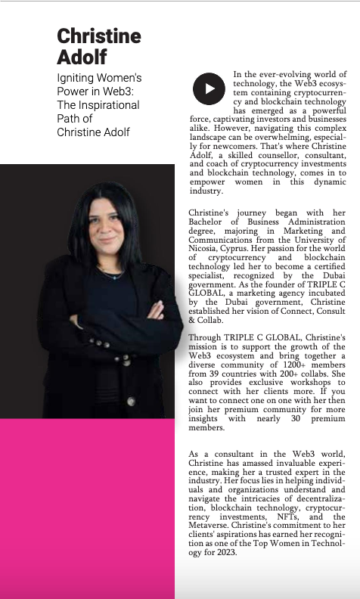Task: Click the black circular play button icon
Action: (x=208, y=88)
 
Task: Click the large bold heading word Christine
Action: (x=99, y=36)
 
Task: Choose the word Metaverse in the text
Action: (x=215, y=527)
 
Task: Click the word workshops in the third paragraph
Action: (x=288, y=396)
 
